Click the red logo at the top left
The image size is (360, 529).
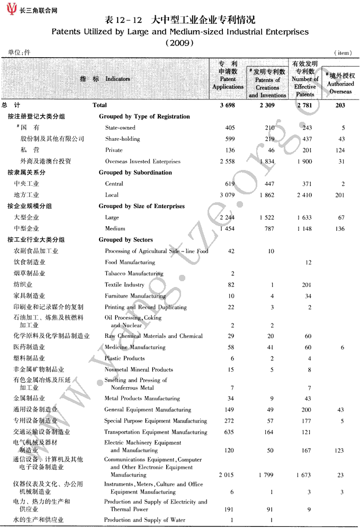pyautogui.click(x=11, y=9)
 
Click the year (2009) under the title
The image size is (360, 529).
pyautogui.click(x=179, y=43)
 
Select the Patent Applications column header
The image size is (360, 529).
pyautogui.click(x=228, y=79)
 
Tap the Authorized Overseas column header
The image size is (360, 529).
pyautogui.click(x=340, y=84)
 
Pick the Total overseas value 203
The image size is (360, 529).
pyautogui.click(x=340, y=105)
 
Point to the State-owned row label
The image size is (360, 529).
pyautogui.click(x=120, y=128)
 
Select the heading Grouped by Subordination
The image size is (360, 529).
pyautogui.click(x=135, y=173)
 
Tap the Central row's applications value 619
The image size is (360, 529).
pyautogui.click(x=229, y=184)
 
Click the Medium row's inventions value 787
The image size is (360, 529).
pyautogui.click(x=270, y=229)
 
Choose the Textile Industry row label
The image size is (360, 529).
pyautogui.click(x=124, y=285)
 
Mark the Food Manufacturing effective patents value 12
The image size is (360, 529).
pyautogui.click(x=309, y=263)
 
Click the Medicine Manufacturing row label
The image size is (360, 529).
pyautogui.click(x=135, y=347)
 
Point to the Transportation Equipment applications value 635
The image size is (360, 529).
pyautogui.click(x=229, y=432)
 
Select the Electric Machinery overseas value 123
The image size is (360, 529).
pyautogui.click(x=340, y=451)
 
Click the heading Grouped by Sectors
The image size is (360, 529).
pyautogui.click(x=125, y=240)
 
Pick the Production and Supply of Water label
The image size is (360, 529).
pyautogui.click(x=145, y=520)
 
